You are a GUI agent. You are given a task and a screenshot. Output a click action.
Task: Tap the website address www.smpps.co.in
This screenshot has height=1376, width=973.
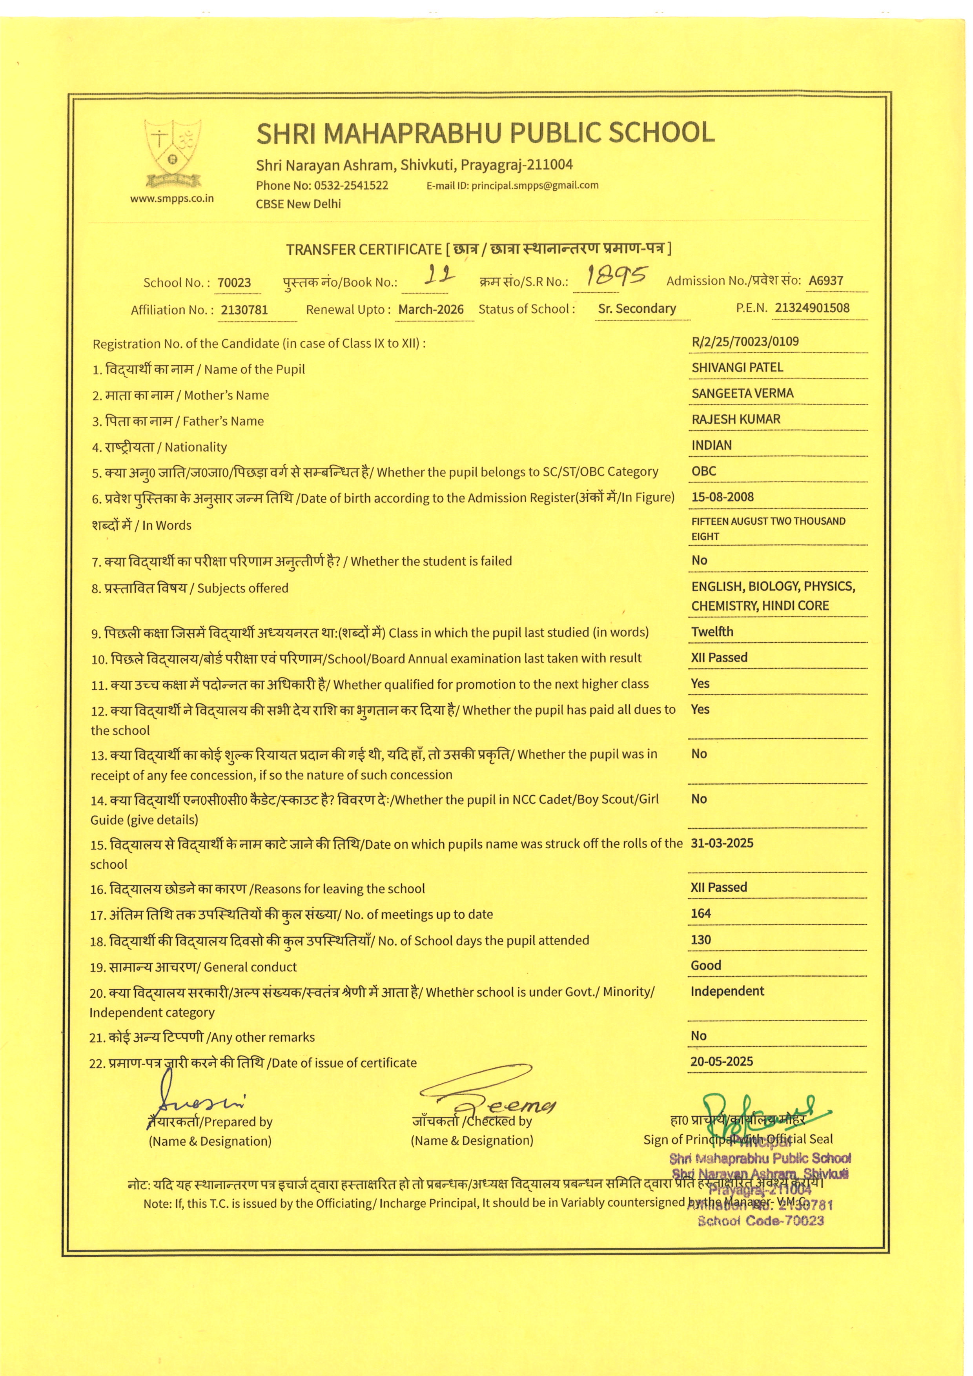(x=172, y=199)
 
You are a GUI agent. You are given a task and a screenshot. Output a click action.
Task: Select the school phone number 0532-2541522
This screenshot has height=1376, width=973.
(x=351, y=185)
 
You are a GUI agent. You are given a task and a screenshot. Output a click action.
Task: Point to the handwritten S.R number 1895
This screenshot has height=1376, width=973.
(x=616, y=276)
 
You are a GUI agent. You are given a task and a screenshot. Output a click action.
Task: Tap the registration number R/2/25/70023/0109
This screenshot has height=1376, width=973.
(x=745, y=342)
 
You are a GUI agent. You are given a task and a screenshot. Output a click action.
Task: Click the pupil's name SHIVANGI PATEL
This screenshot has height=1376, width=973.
(x=737, y=367)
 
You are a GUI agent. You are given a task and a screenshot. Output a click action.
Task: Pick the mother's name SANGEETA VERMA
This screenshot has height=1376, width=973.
(x=742, y=393)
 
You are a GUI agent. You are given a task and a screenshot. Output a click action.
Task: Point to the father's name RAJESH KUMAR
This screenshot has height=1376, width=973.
(x=736, y=419)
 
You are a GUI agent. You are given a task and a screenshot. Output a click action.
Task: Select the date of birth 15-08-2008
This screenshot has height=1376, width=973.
(x=723, y=497)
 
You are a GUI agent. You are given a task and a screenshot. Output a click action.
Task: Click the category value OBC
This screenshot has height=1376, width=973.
(x=704, y=471)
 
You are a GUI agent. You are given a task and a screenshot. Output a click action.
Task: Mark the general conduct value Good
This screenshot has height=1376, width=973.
(x=706, y=966)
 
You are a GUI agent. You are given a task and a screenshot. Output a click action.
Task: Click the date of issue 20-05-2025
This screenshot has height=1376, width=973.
(x=722, y=1061)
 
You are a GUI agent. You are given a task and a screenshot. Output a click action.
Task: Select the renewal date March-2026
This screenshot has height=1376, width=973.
(x=431, y=309)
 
